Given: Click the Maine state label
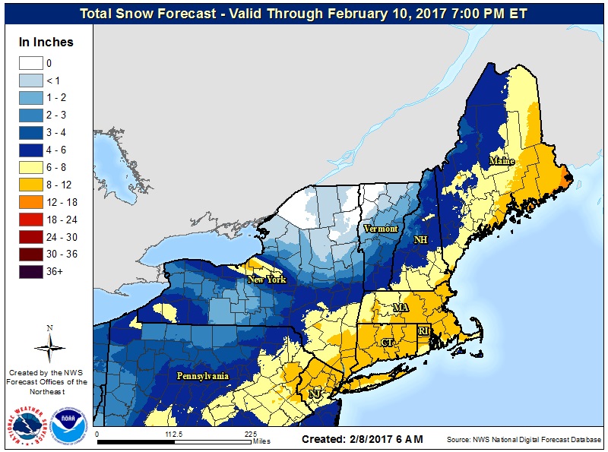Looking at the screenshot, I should pos(502,161).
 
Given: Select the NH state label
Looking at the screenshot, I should pos(420,239).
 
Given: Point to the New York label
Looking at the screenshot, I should pos(266,280).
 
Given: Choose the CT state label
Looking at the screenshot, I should pos(387,343).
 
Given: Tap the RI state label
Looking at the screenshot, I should pos(423,331).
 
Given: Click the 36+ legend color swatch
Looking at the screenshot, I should pos(30,270).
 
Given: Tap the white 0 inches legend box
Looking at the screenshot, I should pos(30,63).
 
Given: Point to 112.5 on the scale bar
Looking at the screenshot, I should pos(174,435).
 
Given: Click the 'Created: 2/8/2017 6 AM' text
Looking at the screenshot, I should pos(362,439).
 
